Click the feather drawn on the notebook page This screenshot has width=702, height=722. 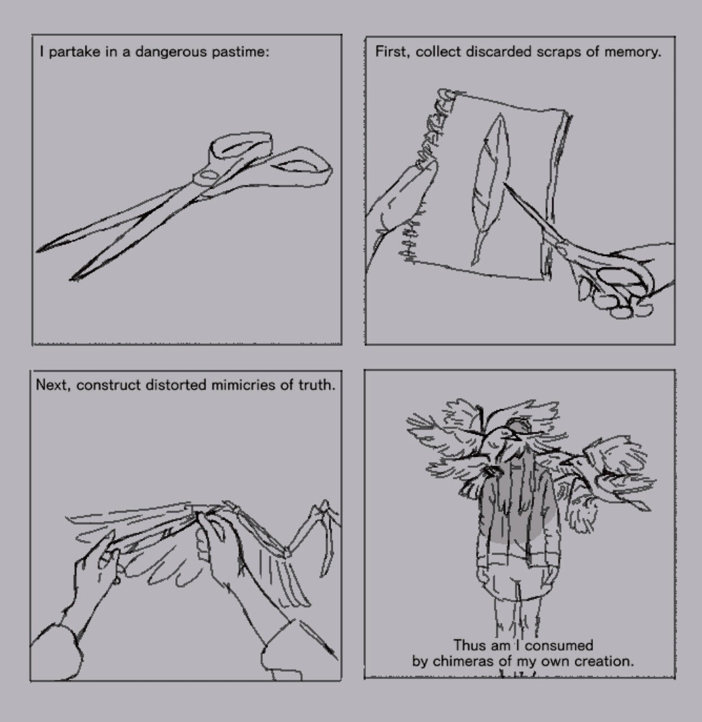click(x=490, y=188)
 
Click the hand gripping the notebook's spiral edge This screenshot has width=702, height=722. click(x=401, y=208)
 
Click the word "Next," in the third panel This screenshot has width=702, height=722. click(x=52, y=385)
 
